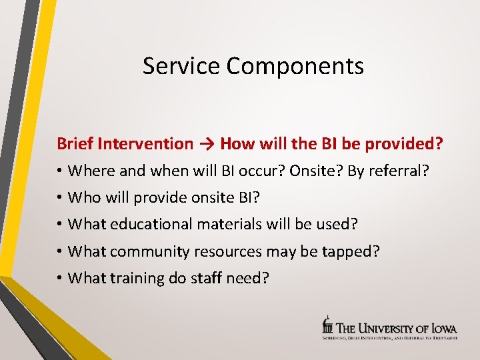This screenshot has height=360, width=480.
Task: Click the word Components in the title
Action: [295, 67]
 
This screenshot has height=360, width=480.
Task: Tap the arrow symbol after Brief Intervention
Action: [207, 143]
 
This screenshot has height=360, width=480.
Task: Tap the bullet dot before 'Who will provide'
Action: [60, 198]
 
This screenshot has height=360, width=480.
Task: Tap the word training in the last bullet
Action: [136, 278]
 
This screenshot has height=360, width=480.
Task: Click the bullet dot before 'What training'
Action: [60, 278]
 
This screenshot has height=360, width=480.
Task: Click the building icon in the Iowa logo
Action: [327, 324]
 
